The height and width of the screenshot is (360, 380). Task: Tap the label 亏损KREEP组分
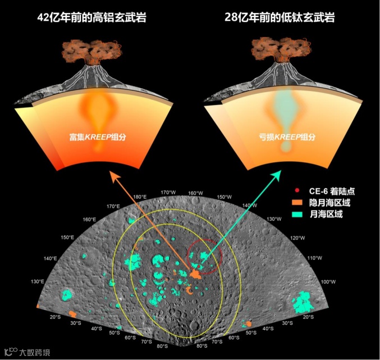(x=284, y=136)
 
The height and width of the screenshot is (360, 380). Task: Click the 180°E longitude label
(x=140, y=197)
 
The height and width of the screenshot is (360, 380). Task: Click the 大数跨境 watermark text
(x=35, y=352)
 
